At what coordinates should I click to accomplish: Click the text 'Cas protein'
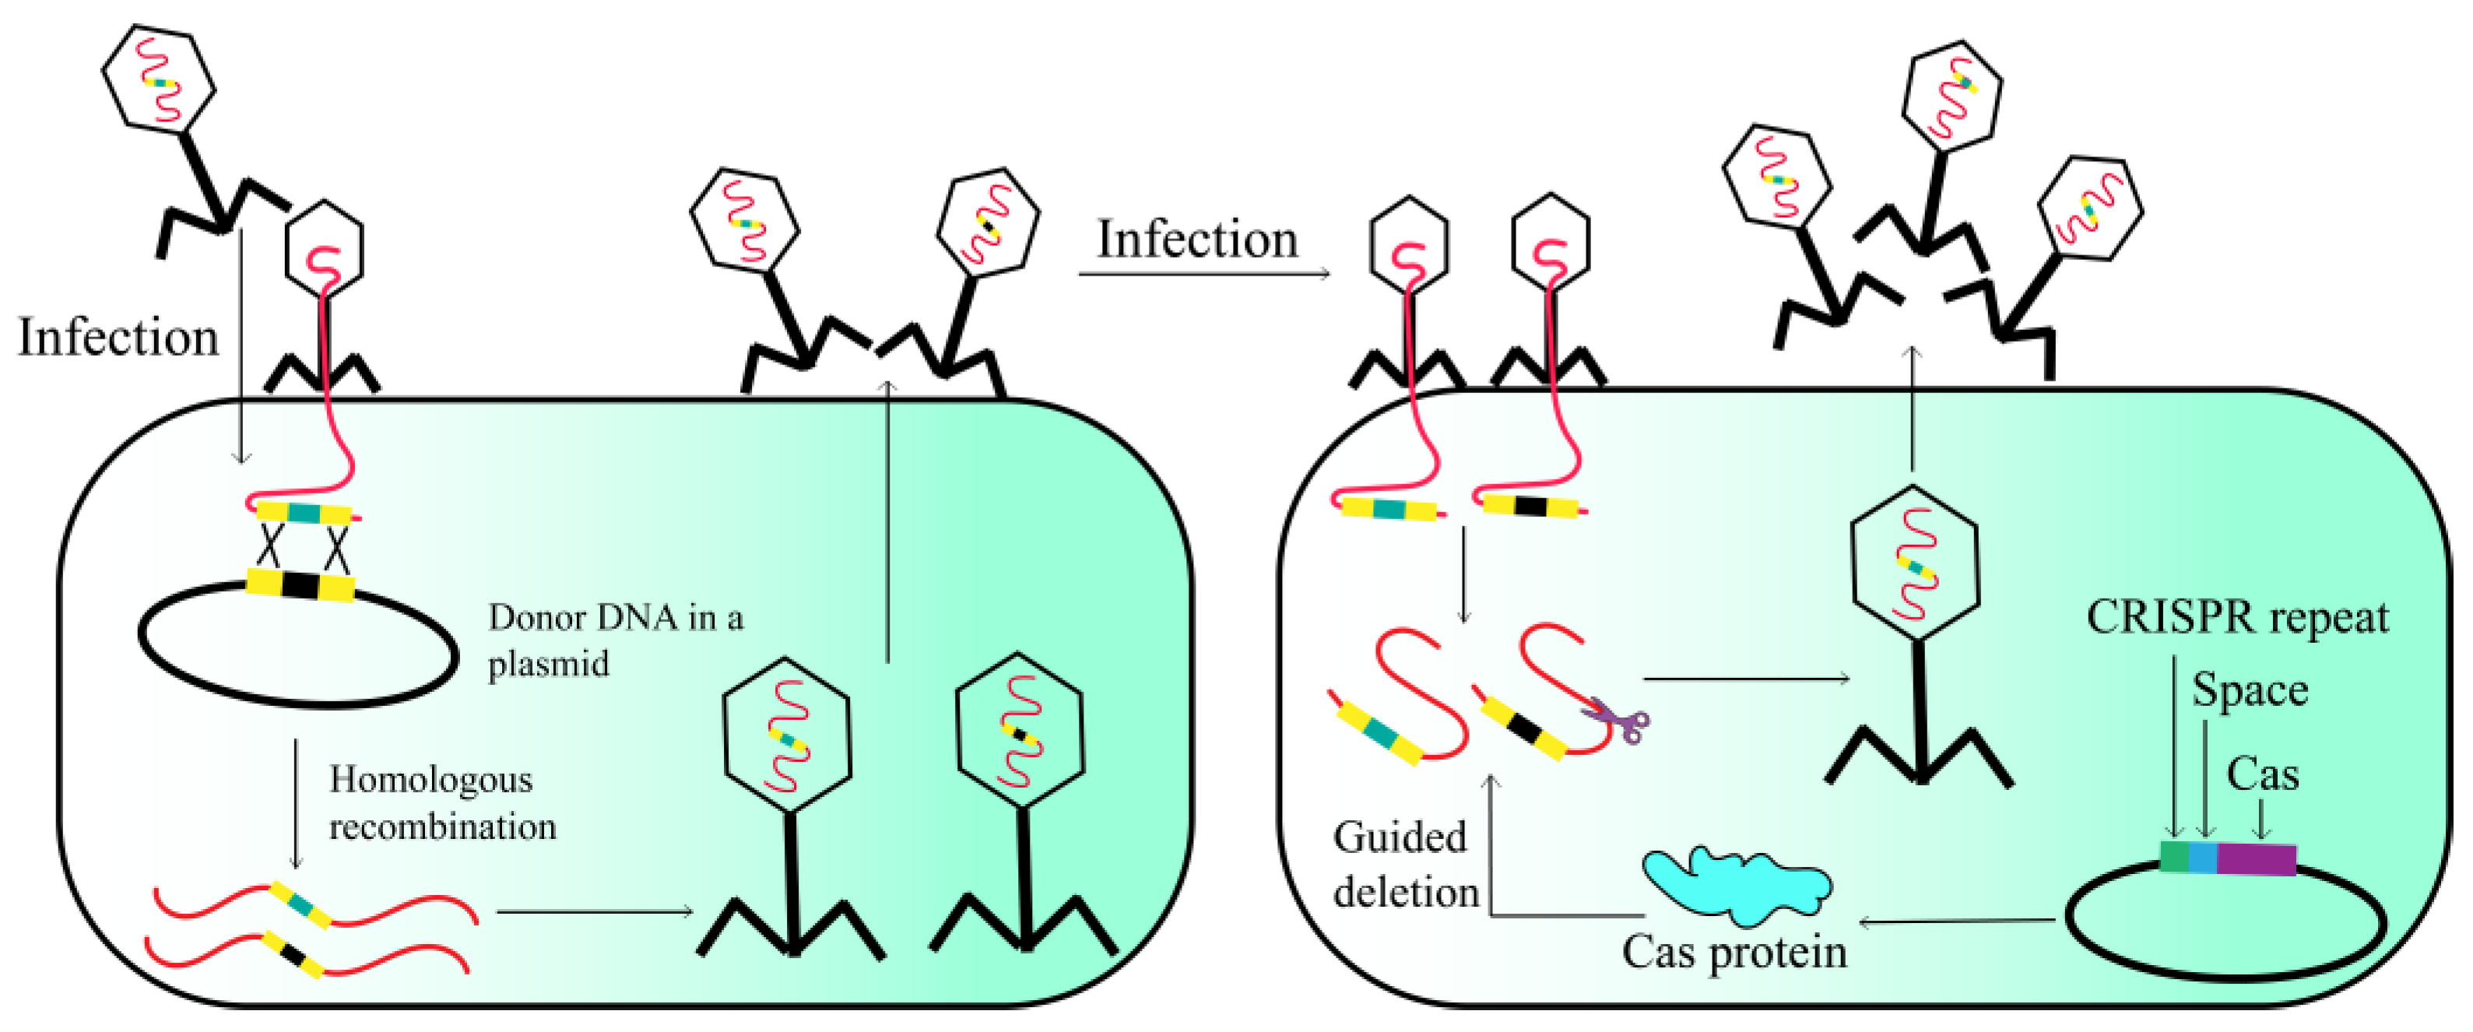pyautogui.click(x=1734, y=953)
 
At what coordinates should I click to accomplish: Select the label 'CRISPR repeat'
pyautogui.click(x=2237, y=617)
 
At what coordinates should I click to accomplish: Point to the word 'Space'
pyautogui.click(x=2250, y=690)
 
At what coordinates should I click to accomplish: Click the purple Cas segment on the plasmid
pyautogui.click(x=2256, y=858)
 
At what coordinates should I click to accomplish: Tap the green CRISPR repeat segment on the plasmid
pyautogui.click(x=2174, y=855)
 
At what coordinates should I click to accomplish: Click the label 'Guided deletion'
pyautogui.click(x=1404, y=864)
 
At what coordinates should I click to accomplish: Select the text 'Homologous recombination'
pyautogui.click(x=441, y=802)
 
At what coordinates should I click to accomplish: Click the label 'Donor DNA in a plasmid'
pyautogui.click(x=614, y=640)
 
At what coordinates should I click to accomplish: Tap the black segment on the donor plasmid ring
pyautogui.click(x=300, y=584)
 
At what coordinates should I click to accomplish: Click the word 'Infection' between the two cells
pyautogui.click(x=1197, y=239)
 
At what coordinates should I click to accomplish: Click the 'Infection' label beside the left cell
pyautogui.click(x=118, y=338)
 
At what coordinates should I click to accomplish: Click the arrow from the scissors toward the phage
pyautogui.click(x=1748, y=679)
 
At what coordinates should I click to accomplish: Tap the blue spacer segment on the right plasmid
pyautogui.click(x=2203, y=856)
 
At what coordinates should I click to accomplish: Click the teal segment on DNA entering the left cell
pyautogui.click(x=304, y=514)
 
